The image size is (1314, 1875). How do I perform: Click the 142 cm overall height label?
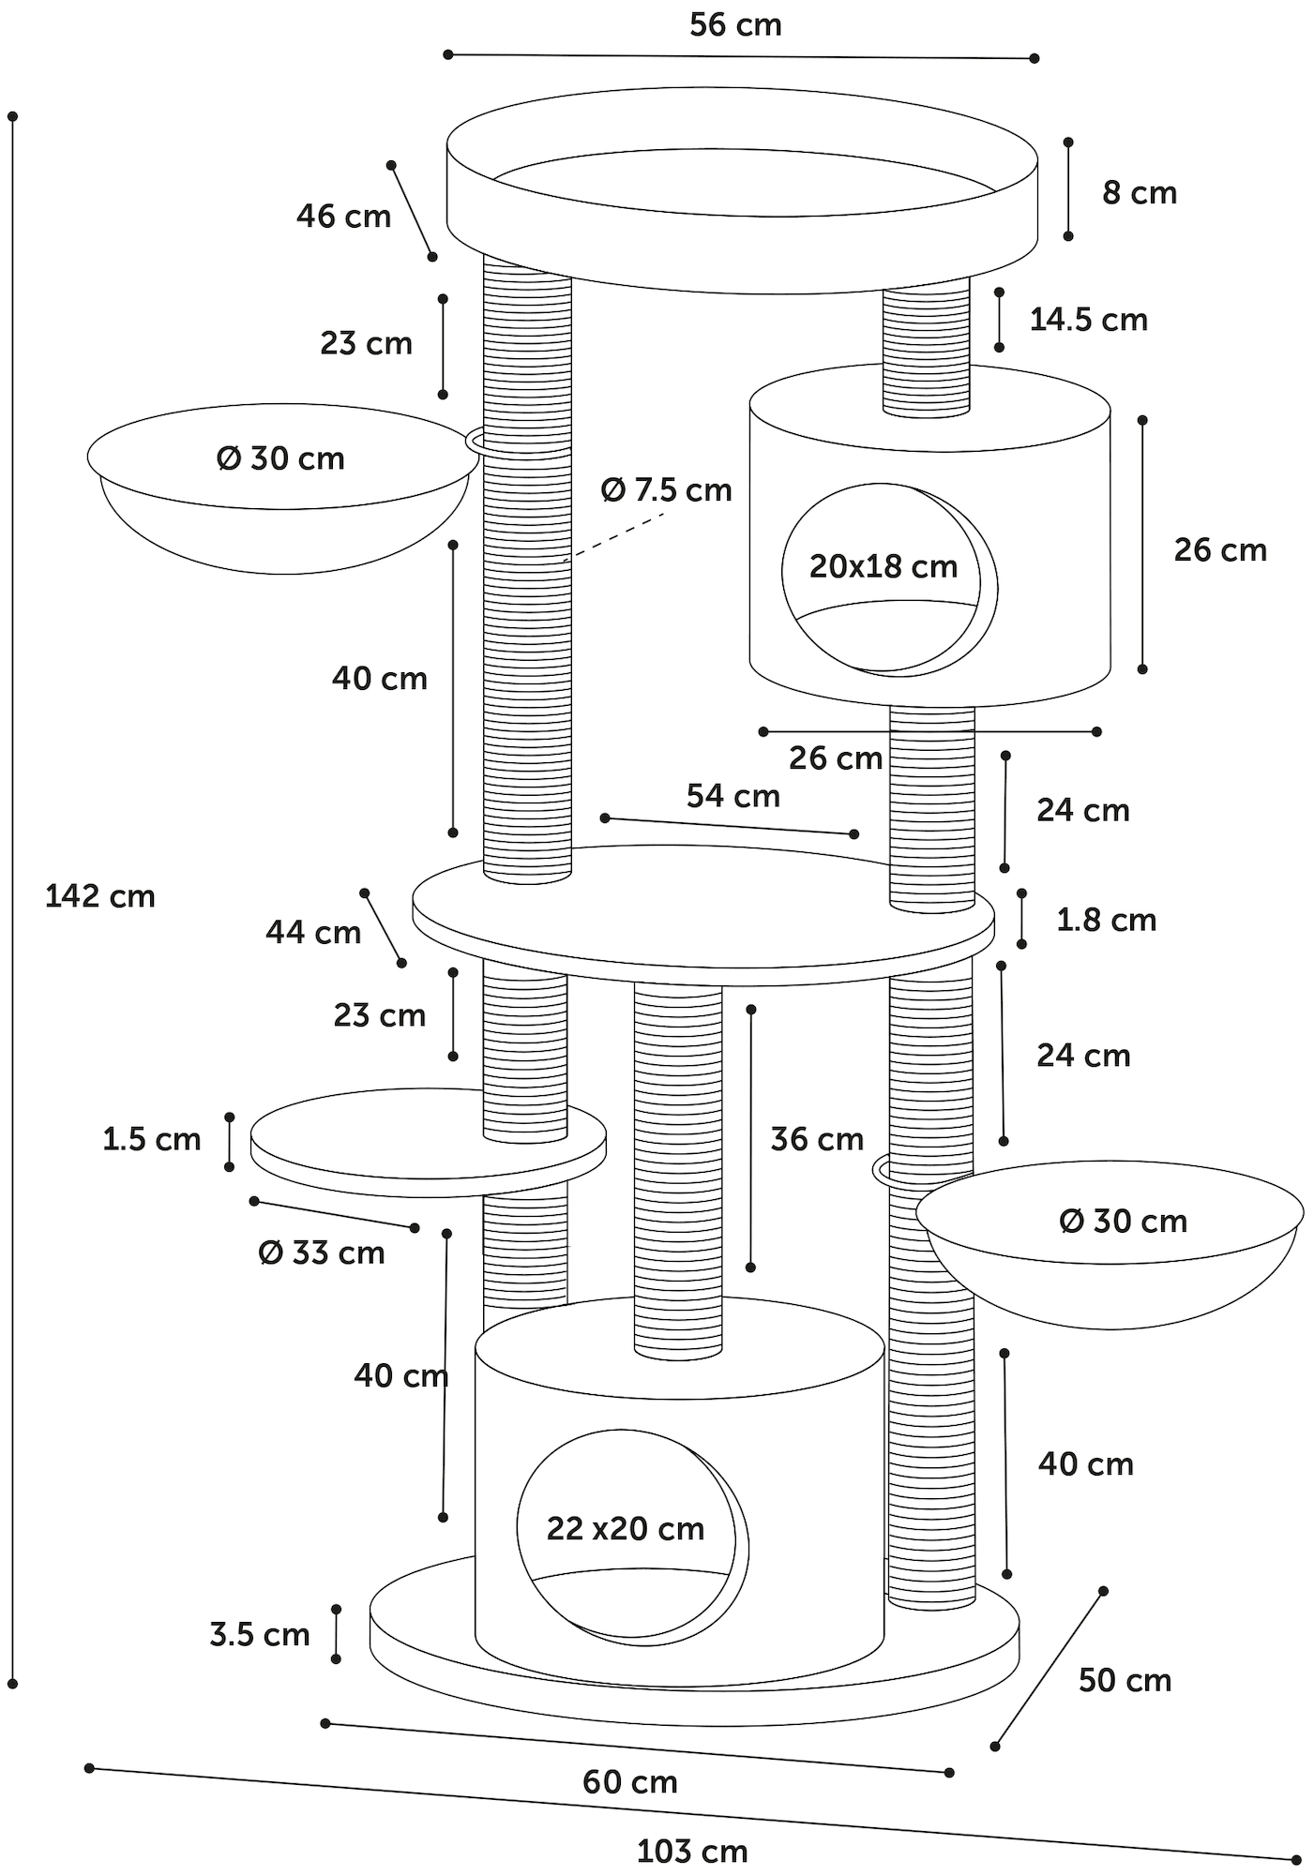click(100, 896)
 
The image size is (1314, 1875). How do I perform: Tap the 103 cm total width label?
click(692, 1852)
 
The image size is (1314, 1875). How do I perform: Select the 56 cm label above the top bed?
click(735, 25)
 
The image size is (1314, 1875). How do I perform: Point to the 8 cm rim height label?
click(1139, 193)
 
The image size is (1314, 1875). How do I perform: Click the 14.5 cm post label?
click(1088, 320)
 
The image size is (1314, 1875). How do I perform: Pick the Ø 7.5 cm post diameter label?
click(666, 489)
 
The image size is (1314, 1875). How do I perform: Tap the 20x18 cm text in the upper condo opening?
click(884, 566)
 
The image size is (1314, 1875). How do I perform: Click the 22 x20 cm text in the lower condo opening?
click(626, 1529)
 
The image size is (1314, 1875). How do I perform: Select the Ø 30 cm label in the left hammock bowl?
click(280, 458)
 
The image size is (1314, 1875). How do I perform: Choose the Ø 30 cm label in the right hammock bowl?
click(1123, 1221)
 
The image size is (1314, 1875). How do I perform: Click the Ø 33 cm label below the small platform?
click(322, 1252)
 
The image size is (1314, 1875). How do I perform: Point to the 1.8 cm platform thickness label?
click(1106, 920)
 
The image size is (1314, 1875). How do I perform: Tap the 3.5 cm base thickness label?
click(260, 1635)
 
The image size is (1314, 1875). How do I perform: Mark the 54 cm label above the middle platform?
click(733, 796)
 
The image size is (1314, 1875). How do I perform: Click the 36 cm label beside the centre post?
click(817, 1139)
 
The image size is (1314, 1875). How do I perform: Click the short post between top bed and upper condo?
click(927, 352)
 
